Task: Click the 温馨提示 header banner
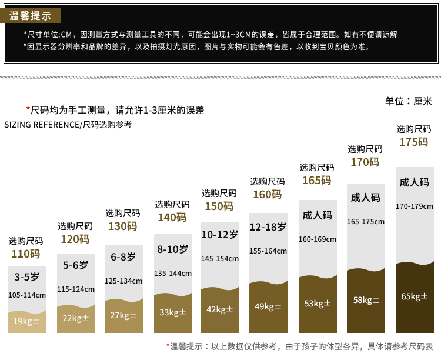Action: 31,16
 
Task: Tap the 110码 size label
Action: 26,254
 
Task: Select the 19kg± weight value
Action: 26,321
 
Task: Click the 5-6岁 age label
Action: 75,265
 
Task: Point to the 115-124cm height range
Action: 75,289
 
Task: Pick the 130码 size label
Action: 122,226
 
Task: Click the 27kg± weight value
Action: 123,315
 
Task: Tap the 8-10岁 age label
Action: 172,249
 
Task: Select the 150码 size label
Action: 219,206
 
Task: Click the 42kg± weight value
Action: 220,309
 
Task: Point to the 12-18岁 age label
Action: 268,226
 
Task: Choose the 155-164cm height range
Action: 268,251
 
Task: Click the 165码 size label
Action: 316,181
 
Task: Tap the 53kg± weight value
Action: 318,304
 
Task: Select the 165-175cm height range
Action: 365,222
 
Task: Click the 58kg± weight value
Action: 366,300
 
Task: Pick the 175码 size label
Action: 413,142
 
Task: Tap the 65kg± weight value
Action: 414,296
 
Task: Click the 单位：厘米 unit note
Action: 408,101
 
